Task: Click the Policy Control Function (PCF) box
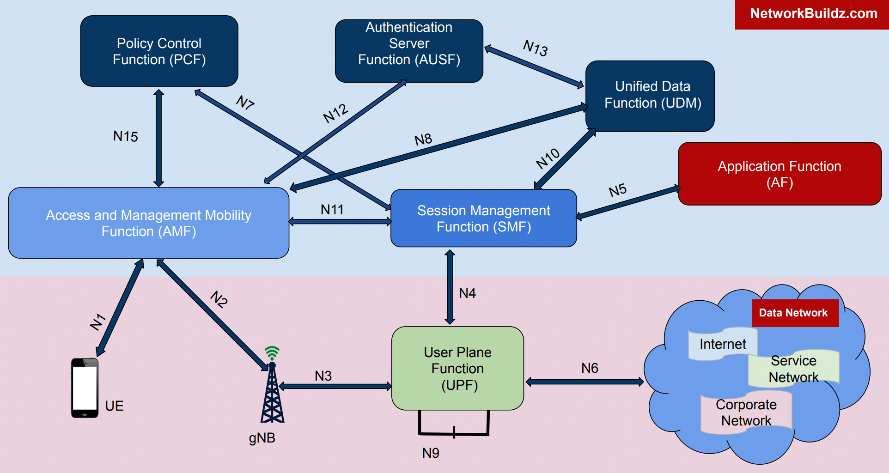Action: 159,51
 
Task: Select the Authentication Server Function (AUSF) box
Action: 409,51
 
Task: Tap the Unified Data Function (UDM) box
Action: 650,96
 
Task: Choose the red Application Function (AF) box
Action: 779,174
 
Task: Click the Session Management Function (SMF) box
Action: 483,218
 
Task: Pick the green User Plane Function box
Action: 457,368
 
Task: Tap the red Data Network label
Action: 793,313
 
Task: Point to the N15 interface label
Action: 125,136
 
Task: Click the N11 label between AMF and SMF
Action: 332,210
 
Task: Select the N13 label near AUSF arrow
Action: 535,48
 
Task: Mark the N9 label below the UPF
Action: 430,453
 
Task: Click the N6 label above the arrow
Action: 590,368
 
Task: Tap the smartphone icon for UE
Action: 85,388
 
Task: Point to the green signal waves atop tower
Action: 272,353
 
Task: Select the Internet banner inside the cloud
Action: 722,344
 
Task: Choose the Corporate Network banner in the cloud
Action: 746,412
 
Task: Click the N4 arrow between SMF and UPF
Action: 450,286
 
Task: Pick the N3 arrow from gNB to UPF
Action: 335,386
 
